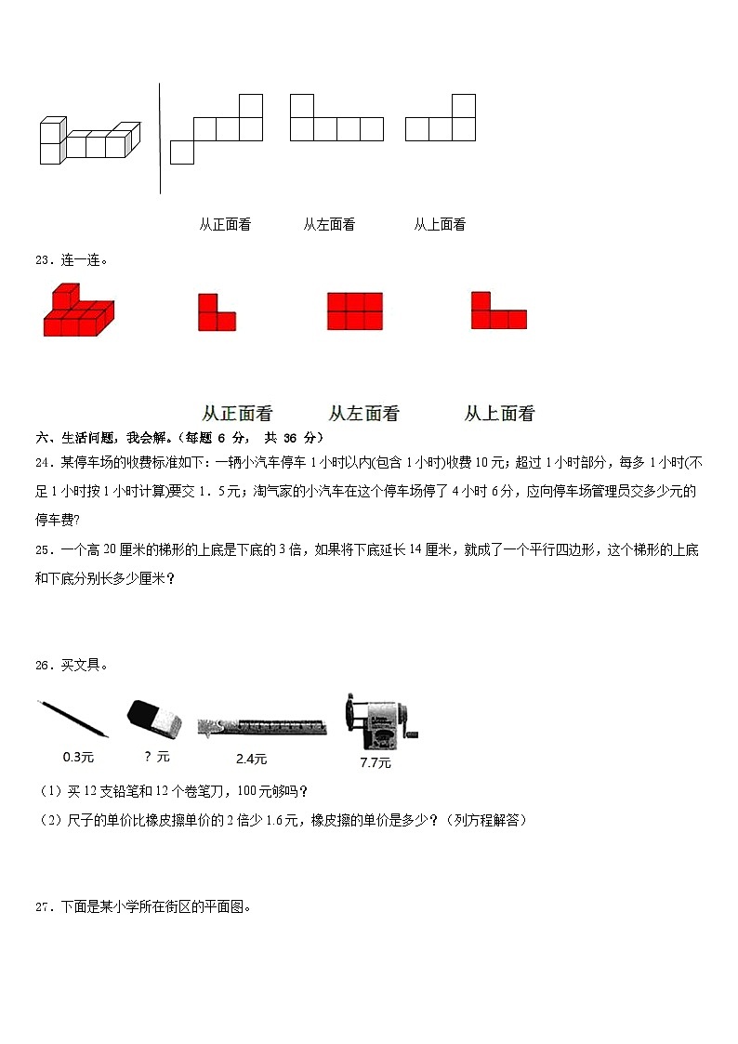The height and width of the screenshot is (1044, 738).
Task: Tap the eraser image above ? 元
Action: click(155, 720)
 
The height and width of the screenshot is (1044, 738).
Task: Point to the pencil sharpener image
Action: click(379, 722)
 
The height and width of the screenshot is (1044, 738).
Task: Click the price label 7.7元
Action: click(376, 763)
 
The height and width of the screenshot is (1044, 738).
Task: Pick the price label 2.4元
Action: click(251, 759)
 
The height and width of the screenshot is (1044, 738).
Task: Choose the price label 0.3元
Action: click(79, 757)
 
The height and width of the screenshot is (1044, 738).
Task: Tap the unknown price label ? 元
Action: click(158, 757)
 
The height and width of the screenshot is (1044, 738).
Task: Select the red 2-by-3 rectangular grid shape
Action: click(354, 311)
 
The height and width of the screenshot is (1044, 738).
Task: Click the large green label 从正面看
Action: click(237, 414)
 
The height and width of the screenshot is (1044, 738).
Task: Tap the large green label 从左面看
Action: click(364, 414)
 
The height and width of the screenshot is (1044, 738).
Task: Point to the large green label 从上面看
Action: click(500, 414)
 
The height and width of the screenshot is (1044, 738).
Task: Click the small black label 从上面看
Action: click(440, 224)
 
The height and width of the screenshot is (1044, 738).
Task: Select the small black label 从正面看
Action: click(225, 224)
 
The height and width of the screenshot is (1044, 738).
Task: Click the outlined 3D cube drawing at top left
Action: click(89, 142)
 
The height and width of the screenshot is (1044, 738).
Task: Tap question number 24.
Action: click(43, 462)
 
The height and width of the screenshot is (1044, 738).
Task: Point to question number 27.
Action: click(43, 907)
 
